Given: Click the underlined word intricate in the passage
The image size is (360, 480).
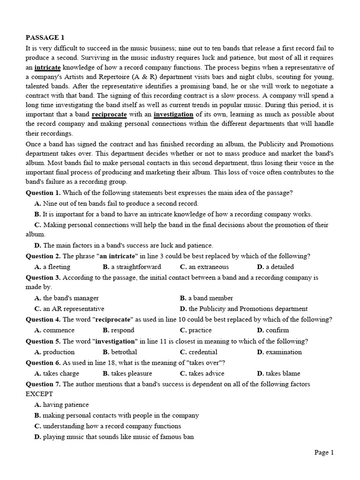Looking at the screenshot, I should point(48,67).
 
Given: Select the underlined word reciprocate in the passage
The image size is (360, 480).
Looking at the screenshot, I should point(109,114).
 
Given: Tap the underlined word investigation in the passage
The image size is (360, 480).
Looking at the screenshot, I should point(173,114).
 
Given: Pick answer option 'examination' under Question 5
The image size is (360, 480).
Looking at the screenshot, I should point(279,352).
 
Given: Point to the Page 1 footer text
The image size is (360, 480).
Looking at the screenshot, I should point(324,452).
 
